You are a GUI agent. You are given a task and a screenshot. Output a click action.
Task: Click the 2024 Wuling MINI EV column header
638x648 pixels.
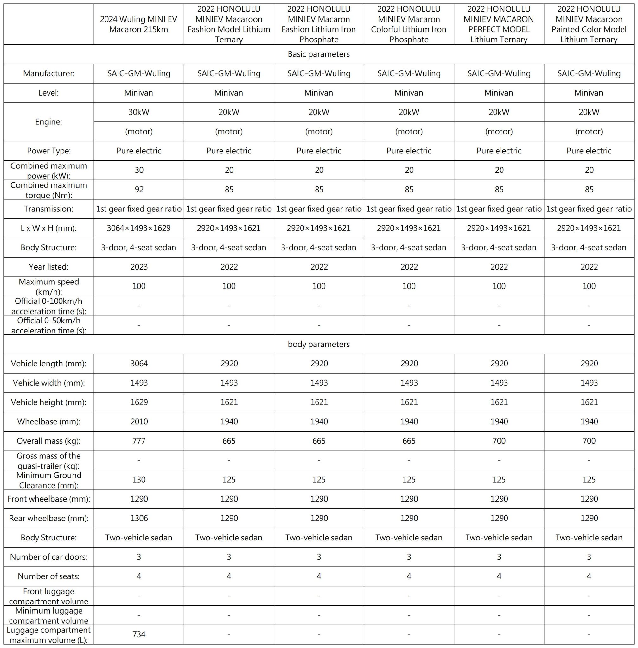(x=139, y=24)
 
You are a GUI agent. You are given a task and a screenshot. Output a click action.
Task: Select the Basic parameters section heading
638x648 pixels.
(x=319, y=54)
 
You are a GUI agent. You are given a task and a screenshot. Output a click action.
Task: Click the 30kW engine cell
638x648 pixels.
(x=139, y=112)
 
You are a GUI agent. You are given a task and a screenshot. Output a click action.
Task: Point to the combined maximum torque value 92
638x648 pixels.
(x=139, y=190)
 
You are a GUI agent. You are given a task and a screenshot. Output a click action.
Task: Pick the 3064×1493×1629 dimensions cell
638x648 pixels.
(x=139, y=228)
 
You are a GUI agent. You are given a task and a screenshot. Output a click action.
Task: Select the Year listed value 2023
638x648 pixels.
(x=139, y=267)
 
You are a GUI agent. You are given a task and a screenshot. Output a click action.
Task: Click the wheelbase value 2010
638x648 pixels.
(x=139, y=421)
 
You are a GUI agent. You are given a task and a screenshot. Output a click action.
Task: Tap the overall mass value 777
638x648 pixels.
(x=139, y=441)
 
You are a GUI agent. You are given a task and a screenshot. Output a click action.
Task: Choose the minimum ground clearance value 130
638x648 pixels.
(x=139, y=480)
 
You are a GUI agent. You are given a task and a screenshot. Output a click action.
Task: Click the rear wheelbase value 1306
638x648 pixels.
(x=139, y=518)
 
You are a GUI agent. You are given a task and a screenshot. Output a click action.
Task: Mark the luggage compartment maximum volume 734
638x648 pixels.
(x=139, y=634)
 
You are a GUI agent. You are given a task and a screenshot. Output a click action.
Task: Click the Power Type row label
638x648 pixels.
(x=48, y=151)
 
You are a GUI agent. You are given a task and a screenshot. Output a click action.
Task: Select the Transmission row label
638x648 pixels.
(x=48, y=209)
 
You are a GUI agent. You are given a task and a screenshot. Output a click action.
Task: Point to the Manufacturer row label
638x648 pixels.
(x=48, y=74)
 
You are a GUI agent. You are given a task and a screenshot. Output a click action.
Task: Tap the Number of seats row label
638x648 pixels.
(x=48, y=576)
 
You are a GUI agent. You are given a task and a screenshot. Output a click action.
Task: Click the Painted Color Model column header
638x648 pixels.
(x=589, y=24)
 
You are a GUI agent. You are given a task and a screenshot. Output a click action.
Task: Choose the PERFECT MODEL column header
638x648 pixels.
(x=499, y=24)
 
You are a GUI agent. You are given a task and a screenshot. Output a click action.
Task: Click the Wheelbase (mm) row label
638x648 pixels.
(x=48, y=421)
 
